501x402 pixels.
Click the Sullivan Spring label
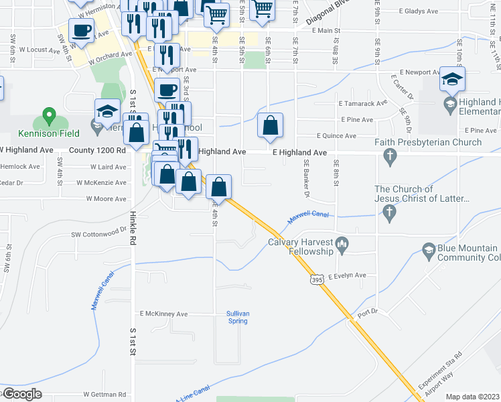coord(237,317)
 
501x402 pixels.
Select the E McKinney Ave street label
coord(163,314)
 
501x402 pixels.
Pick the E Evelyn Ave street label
coord(348,275)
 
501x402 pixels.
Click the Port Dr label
coord(368,312)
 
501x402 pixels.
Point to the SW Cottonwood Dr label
coord(99,234)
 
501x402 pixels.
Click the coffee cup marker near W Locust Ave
coord(81,31)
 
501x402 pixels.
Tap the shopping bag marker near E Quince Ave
coord(269,126)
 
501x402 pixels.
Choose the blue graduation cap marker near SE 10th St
coord(453,79)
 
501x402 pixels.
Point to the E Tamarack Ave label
coord(363,104)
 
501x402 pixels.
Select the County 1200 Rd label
coord(97,151)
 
